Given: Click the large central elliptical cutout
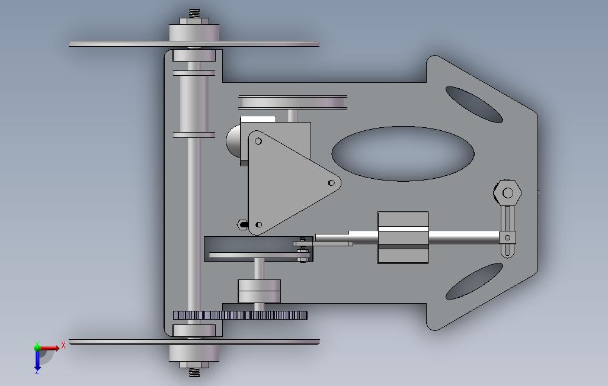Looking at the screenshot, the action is [x=403, y=153].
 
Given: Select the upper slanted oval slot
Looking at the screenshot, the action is [x=474, y=105].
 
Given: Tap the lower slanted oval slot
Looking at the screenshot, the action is [x=474, y=281].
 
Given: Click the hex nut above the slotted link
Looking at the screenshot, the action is [x=508, y=192].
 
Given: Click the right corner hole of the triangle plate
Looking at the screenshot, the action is [x=331, y=183].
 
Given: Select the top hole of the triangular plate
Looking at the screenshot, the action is [x=258, y=141].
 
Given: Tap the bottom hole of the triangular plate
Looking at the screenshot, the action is [x=259, y=224].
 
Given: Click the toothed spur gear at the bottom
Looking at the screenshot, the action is [x=240, y=315].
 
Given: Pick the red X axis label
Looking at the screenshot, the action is [x=63, y=345].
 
